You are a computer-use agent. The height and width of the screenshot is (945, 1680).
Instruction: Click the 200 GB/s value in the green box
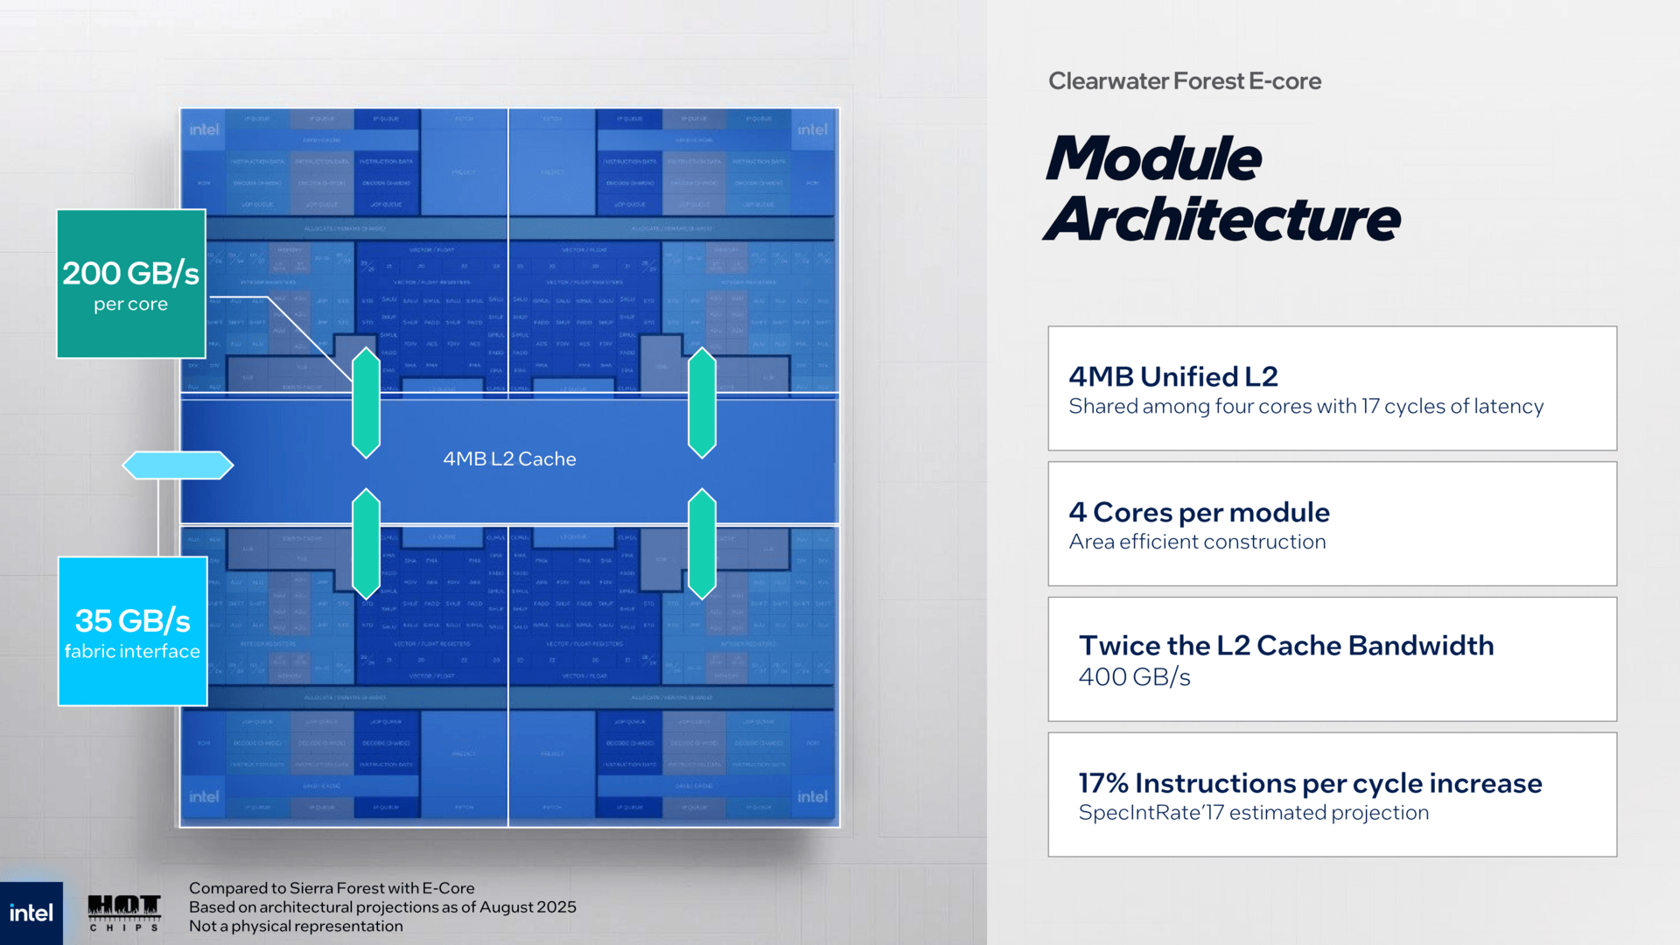130,273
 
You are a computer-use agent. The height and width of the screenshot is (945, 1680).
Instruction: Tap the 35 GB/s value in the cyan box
132,620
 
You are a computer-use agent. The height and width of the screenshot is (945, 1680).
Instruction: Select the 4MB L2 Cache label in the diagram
509,458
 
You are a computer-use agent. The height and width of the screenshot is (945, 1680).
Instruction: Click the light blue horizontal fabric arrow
178,465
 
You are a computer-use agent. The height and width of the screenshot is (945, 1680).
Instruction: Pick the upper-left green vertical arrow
366,402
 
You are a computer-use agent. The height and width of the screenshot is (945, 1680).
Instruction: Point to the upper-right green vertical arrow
702,402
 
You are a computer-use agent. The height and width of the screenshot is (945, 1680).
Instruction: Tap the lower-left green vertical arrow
366,543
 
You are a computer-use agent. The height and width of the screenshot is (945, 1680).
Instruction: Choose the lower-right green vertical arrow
702,543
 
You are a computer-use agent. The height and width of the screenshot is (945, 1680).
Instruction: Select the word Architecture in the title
1222,219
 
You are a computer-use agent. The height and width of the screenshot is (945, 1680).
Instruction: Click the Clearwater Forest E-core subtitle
1184,80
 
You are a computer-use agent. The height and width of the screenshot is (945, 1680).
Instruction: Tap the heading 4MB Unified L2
1172,376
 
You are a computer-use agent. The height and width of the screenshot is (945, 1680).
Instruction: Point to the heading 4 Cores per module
1198,512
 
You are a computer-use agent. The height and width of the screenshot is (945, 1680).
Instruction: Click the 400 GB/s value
1134,676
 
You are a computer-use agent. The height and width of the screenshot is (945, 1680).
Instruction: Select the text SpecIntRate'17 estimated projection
1253,812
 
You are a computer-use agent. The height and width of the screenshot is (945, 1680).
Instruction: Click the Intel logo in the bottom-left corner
31,913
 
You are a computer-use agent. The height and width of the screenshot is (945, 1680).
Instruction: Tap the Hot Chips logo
124,912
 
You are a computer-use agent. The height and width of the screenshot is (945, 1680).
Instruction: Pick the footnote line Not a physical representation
296,926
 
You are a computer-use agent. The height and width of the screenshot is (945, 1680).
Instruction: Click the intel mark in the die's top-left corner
204,129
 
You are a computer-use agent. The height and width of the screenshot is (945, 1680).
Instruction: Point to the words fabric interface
132,651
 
